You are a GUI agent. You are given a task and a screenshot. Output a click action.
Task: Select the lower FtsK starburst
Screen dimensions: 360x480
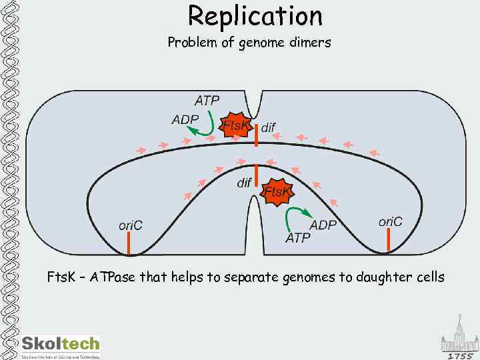(277, 192)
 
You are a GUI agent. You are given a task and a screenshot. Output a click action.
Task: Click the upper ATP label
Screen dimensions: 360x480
(207, 101)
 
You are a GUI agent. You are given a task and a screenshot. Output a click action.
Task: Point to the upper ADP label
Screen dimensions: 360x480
(185, 120)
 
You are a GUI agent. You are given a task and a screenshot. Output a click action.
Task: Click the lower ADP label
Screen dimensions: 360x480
(323, 225)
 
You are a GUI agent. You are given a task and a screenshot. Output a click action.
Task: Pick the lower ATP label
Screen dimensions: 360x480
(298, 238)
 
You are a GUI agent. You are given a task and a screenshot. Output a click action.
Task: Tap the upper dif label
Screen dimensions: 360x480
(268, 127)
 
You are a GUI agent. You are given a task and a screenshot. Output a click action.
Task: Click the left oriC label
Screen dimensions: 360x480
(130, 225)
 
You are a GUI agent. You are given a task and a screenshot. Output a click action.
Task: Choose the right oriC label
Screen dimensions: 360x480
(391, 221)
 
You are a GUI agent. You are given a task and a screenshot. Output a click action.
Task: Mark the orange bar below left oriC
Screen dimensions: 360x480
(129, 244)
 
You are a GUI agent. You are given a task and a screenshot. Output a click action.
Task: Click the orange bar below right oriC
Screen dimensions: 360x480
(388, 241)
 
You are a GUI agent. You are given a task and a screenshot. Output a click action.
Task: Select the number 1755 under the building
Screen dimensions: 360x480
(460, 355)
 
